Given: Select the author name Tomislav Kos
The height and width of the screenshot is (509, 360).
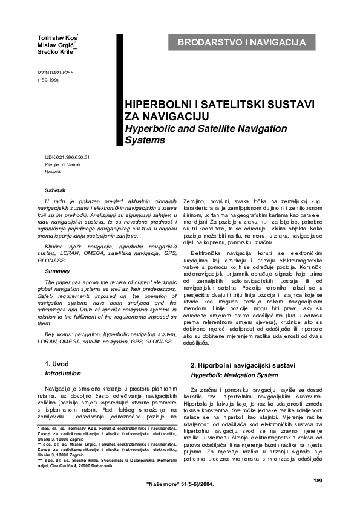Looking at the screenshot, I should click(57, 39).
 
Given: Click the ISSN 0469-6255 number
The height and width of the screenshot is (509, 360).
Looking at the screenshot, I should click(56, 73).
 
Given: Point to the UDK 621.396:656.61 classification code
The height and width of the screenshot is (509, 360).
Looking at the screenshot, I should click(67, 157).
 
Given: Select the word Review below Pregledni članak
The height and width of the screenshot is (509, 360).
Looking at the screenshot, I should click(53, 172).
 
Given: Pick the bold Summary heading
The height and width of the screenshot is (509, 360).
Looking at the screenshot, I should click(57, 271).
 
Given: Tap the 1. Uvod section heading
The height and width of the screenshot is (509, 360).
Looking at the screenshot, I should click(57, 364).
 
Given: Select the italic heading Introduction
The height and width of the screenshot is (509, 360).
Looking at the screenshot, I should click(63, 374).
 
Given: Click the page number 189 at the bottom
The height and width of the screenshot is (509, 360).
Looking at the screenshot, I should click(318, 480).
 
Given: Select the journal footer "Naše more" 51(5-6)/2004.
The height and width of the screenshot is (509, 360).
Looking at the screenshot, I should click(180, 485).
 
